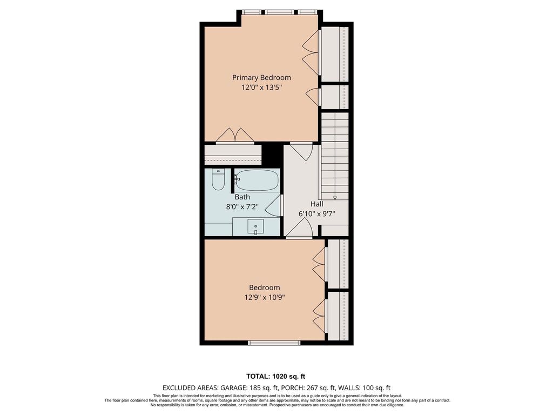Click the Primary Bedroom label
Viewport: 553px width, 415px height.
[261, 78]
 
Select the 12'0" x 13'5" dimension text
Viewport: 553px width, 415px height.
[261, 88]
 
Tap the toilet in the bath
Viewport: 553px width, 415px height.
[218, 180]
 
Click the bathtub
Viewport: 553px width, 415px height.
[257, 180]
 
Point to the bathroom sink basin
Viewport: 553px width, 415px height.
[255, 226]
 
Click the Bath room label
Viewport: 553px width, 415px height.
[242, 197]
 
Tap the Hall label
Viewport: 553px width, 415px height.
[316, 204]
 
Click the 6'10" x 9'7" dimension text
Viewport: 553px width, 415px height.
[316, 213]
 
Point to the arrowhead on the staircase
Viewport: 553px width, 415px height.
[335, 198]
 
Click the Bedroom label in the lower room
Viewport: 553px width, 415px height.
[265, 287]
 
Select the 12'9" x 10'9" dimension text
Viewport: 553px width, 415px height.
[265, 298]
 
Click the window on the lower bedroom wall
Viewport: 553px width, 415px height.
[274, 343]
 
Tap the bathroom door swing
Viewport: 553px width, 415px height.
[273, 205]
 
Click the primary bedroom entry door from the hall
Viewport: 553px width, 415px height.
[301, 150]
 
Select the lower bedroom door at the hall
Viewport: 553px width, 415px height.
[299, 228]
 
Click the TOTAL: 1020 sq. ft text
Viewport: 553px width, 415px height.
[273, 376]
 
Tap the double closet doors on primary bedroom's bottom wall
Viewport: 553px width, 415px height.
[235, 136]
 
